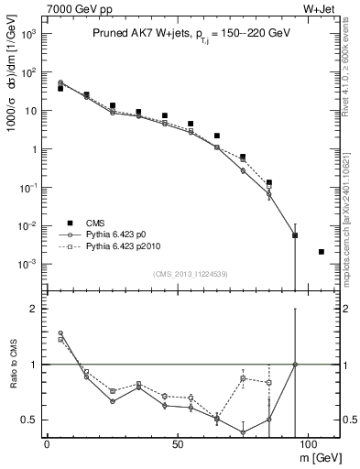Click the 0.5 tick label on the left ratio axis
[28, 420]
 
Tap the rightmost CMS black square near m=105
[321, 251]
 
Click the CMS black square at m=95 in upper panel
[295, 235]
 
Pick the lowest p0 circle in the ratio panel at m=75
[243, 432]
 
